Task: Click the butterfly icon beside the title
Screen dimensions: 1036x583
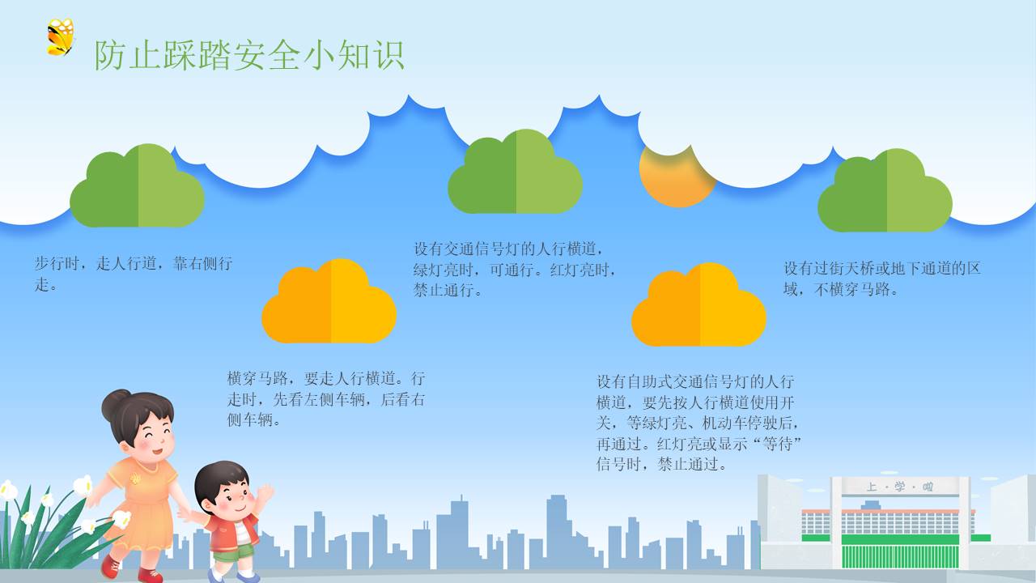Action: pos(61,37)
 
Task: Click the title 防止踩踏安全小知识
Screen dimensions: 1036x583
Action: pos(250,56)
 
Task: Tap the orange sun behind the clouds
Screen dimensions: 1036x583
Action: pos(676,175)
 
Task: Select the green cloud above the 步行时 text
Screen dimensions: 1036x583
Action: pos(137,185)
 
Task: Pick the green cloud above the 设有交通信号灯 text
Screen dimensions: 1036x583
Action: pos(516,171)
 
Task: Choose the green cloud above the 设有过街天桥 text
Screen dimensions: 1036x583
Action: pos(885,190)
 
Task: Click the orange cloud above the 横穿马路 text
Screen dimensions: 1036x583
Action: pos(329,300)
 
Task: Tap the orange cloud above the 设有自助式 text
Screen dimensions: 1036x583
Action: pos(698,304)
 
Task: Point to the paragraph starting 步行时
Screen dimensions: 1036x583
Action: pos(134,274)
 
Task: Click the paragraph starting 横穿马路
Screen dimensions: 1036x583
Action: pos(326,399)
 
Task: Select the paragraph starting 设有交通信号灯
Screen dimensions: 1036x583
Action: pos(514,270)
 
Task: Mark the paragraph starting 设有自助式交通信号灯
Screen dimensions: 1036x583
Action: pos(698,423)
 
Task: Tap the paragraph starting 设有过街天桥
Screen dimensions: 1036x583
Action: pos(882,279)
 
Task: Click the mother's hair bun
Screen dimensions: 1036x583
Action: pos(115,402)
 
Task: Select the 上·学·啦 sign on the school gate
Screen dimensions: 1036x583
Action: pos(899,487)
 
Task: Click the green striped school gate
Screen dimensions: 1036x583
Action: pos(900,556)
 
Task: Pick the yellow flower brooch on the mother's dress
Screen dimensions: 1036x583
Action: pos(135,479)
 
